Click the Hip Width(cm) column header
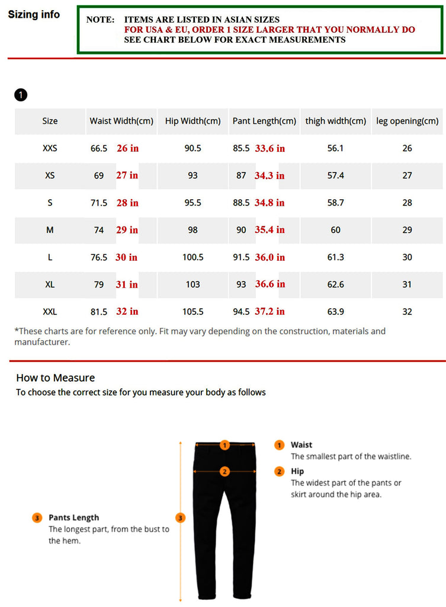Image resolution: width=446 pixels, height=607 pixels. point(192,121)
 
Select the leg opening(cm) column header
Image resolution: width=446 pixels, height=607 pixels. point(407,121)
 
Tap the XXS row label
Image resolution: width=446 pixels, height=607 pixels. point(50,148)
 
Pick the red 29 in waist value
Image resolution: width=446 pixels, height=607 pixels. point(127,229)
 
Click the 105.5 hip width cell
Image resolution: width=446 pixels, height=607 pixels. point(192,312)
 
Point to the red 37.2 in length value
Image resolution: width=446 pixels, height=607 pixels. point(269,311)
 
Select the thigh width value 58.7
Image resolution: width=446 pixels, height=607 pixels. point(335,203)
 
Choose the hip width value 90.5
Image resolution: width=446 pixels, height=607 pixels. point(192,148)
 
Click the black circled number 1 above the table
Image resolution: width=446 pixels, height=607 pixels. point(21,95)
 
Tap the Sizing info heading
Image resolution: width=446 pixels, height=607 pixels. point(34,15)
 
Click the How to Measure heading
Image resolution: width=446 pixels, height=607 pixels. point(55,378)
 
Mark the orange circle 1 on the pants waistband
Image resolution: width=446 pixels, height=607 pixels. point(224,445)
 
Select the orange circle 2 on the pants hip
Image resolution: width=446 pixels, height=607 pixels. point(224,472)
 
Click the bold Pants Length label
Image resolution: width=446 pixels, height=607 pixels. point(73,517)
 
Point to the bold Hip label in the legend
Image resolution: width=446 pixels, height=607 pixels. point(297,471)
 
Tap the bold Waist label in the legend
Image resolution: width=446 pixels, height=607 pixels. point(301,445)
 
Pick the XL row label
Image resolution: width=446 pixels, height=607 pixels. point(50,285)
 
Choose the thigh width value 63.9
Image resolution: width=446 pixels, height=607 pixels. point(335,312)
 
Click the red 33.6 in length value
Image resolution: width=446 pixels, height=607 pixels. point(269,148)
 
